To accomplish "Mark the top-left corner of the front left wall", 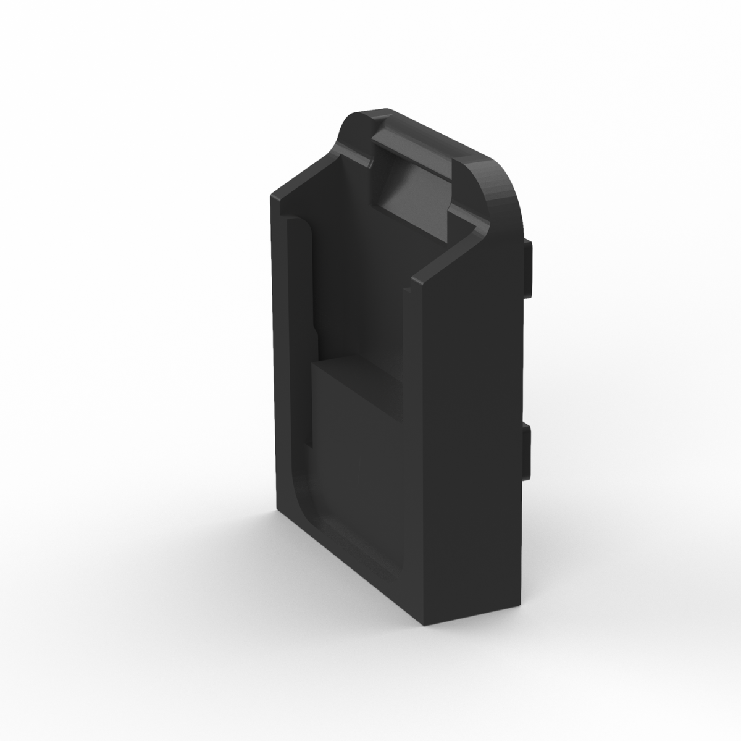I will [273, 195].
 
